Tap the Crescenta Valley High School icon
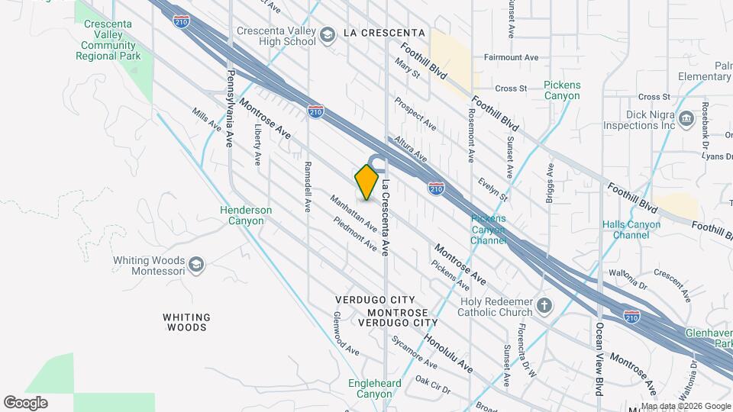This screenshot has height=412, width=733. click(x=328, y=35)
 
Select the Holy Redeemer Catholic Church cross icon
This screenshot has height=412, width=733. click(x=544, y=307)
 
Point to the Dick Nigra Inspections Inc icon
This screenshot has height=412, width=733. click(x=686, y=118)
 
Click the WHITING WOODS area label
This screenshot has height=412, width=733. click(x=186, y=322)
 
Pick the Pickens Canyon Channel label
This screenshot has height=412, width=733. click(x=489, y=230)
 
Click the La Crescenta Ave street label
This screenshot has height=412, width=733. click(x=386, y=217)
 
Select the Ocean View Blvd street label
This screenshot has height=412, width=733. click(x=599, y=359)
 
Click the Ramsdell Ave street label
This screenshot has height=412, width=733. click(x=308, y=186)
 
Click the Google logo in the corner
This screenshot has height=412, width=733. click(x=25, y=402)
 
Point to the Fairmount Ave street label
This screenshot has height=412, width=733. click(x=512, y=57)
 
